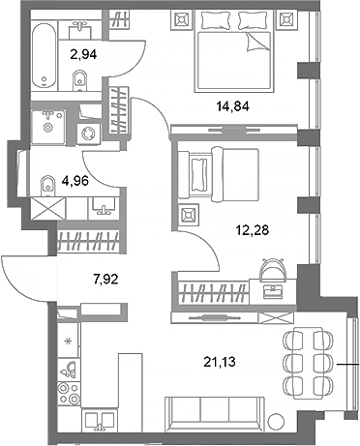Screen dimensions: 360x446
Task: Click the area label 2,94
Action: [83, 54]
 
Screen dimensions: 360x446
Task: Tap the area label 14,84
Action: [233, 106]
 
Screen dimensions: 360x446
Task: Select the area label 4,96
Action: [75, 181]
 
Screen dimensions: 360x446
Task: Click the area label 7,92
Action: [105, 279]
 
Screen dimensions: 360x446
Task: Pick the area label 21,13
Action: [219, 362]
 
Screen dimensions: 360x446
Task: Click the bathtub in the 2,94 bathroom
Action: [45, 55]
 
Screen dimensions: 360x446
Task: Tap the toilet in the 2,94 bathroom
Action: [79, 80]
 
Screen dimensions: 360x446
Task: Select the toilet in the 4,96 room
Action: [47, 186]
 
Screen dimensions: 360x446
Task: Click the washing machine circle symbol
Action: [88, 134]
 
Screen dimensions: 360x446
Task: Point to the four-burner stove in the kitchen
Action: [69, 394]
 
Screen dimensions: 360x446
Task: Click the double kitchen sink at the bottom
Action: [100, 420]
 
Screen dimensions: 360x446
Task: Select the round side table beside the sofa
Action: [276, 422]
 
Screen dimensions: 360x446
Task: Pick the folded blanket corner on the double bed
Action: [257, 43]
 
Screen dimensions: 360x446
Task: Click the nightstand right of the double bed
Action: [287, 20]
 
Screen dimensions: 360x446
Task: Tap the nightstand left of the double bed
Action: [182, 20]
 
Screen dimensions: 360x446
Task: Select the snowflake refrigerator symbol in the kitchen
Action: [68, 341]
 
